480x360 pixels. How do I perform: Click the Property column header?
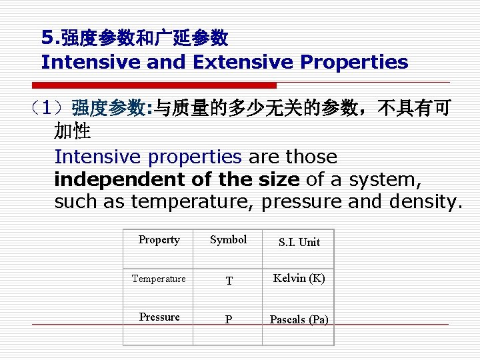(x=159, y=240)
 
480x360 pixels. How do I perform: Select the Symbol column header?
(x=228, y=240)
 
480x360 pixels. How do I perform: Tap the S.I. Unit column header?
(x=299, y=243)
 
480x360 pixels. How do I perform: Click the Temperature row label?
(x=159, y=279)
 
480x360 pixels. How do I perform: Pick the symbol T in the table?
(x=229, y=281)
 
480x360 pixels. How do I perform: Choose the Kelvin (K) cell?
(x=299, y=279)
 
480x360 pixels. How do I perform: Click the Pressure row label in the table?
(x=159, y=317)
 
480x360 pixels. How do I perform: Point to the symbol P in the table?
(x=229, y=320)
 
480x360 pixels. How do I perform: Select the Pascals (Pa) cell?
(x=299, y=320)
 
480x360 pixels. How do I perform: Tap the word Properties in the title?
(x=354, y=62)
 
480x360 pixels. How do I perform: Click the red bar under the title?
(x=154, y=85)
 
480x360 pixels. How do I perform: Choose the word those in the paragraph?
(x=312, y=157)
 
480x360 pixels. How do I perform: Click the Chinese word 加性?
(x=73, y=132)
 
